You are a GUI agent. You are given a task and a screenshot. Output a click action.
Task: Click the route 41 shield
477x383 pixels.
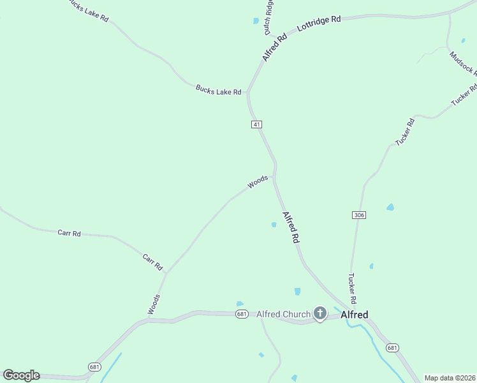[256, 124]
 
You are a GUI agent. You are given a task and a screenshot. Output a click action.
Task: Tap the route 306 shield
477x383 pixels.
[358, 215]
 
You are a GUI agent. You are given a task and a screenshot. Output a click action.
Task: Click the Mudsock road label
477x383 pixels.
[463, 63]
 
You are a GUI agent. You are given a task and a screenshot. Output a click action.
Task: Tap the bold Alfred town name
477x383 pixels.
[355, 314]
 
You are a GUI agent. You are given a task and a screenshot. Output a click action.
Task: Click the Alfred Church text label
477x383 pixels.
[283, 314]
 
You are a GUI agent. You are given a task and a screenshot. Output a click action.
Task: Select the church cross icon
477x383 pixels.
[320, 313]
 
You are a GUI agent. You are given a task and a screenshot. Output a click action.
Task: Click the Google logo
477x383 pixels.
[21, 375]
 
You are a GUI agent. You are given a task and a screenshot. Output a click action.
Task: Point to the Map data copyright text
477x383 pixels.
[450, 378]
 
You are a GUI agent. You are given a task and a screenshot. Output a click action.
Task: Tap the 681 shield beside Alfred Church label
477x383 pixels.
[241, 314]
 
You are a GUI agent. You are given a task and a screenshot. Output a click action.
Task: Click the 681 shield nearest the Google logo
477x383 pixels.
[95, 366]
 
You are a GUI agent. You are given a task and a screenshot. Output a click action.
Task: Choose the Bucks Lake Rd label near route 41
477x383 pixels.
[219, 92]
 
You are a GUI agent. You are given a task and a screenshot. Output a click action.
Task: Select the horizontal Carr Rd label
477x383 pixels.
[69, 233]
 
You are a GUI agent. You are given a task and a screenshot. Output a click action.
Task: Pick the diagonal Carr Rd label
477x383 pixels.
[153, 262]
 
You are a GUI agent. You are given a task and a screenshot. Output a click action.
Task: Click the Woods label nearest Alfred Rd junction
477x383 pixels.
[258, 182]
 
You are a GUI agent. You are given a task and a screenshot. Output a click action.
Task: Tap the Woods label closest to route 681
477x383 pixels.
[154, 304]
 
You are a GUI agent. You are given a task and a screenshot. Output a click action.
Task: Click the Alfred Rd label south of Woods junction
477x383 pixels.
[291, 228]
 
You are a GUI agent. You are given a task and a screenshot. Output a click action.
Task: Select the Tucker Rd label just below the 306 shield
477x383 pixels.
[351, 288]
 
